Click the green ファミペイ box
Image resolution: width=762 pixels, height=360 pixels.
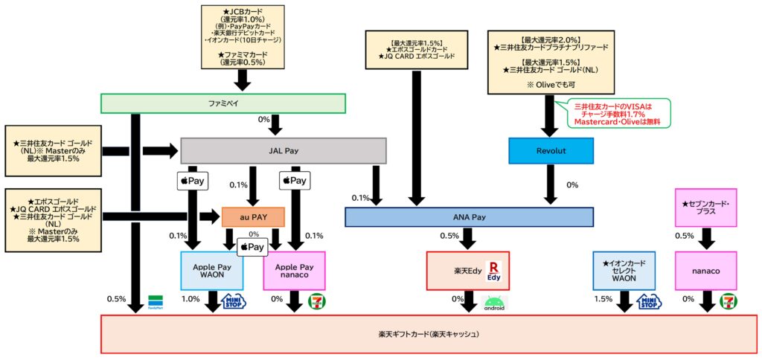pos(223,103)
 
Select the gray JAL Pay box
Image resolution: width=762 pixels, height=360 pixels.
pos(283,150)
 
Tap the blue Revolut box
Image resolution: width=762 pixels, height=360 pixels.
pos(551,150)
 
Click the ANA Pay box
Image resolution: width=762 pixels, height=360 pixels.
pos(469,216)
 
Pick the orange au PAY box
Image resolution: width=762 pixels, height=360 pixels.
pos(253,216)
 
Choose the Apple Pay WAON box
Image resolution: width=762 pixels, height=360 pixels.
pos(212,271)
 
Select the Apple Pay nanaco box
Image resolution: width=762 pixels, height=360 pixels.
pos(295,271)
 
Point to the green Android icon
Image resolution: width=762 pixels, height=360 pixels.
pos(493,303)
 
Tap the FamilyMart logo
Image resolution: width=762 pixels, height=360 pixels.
pos(156,300)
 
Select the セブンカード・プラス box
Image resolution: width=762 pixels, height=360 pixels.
pos(705,207)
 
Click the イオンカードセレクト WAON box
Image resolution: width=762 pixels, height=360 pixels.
pos(624,271)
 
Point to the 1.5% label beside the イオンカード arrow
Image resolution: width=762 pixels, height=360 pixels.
pos(604,299)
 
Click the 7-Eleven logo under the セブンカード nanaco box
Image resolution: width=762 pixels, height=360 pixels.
pos(730,301)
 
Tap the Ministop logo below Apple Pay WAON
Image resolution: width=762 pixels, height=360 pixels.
pos(232,301)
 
